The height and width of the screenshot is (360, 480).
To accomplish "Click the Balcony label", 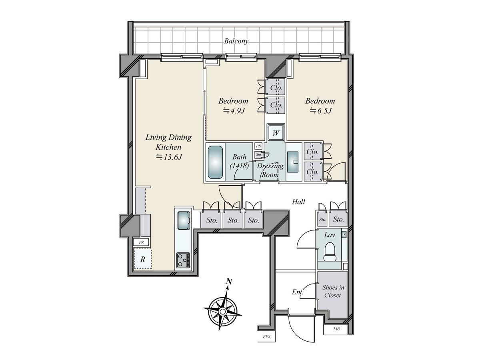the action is tap(236, 41).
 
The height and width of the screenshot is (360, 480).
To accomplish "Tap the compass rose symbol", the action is tap(222, 311).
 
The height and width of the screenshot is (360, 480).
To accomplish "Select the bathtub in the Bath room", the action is tap(215, 162).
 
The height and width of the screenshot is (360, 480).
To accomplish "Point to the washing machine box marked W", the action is tap(276, 133).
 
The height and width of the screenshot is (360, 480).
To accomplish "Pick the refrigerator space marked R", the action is tap(142, 259).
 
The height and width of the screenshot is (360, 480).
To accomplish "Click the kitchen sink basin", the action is tap(184, 220).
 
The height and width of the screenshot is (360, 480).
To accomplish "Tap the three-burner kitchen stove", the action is tap(183, 260).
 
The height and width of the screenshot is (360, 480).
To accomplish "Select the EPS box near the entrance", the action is tap(266, 337).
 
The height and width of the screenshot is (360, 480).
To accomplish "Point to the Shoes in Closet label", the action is tap(333, 291).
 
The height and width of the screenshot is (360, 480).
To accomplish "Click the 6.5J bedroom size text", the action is tap(321, 111).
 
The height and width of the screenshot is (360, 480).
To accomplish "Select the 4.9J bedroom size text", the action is tap(234, 111).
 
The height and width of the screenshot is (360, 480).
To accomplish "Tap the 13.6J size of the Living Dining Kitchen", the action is tap(169, 157).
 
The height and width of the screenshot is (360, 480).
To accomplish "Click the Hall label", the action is tap(298, 202).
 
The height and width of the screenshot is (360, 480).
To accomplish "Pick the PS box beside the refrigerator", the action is tap(141, 242).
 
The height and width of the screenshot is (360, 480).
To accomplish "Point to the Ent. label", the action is tap(298, 292).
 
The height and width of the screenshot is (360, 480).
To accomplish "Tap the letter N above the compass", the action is tap(229, 282).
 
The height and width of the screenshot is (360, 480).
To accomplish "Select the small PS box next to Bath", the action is tap(258, 146).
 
